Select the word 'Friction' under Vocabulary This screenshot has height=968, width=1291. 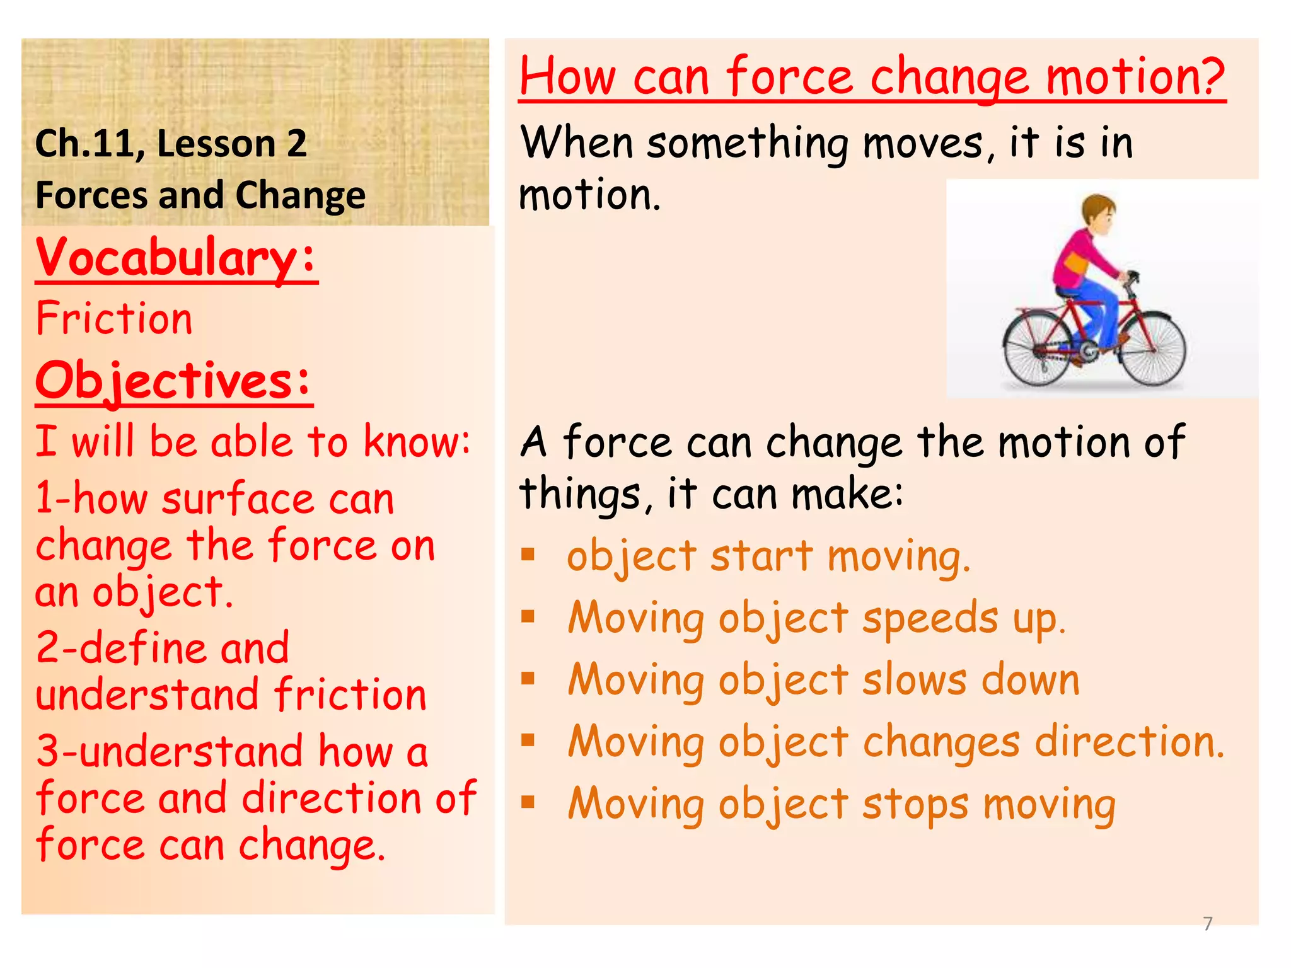click(x=114, y=318)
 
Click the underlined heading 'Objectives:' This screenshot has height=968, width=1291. click(x=174, y=381)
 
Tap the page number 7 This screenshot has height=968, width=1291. click(x=1208, y=924)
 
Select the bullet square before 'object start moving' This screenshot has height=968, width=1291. click(x=528, y=555)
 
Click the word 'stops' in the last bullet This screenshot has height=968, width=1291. click(x=915, y=805)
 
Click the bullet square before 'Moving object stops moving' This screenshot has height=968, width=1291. click(x=528, y=802)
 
